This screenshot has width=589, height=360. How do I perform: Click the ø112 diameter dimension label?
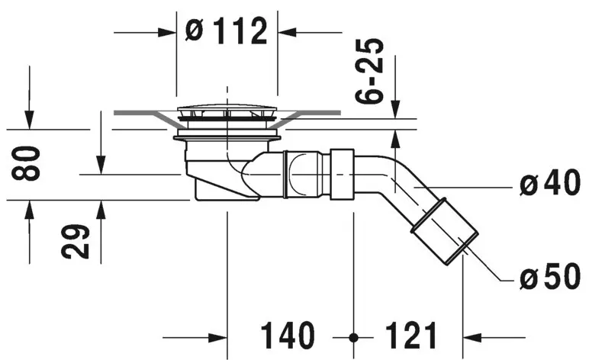pos(227,31)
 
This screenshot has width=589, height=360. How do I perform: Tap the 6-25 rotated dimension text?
pos(369,70)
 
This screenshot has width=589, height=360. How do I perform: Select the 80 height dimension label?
pos(26,163)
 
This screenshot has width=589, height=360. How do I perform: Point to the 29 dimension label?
pos(76,241)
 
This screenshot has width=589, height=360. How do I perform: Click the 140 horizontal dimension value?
pos(288,336)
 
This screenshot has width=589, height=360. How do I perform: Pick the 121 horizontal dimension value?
pos(411,336)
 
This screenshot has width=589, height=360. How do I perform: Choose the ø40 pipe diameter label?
pos(550,183)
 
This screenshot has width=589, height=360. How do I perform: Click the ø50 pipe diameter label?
pos(550,276)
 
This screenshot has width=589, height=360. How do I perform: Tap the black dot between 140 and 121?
pos(353,337)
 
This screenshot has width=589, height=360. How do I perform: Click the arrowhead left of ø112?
pos(167,33)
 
